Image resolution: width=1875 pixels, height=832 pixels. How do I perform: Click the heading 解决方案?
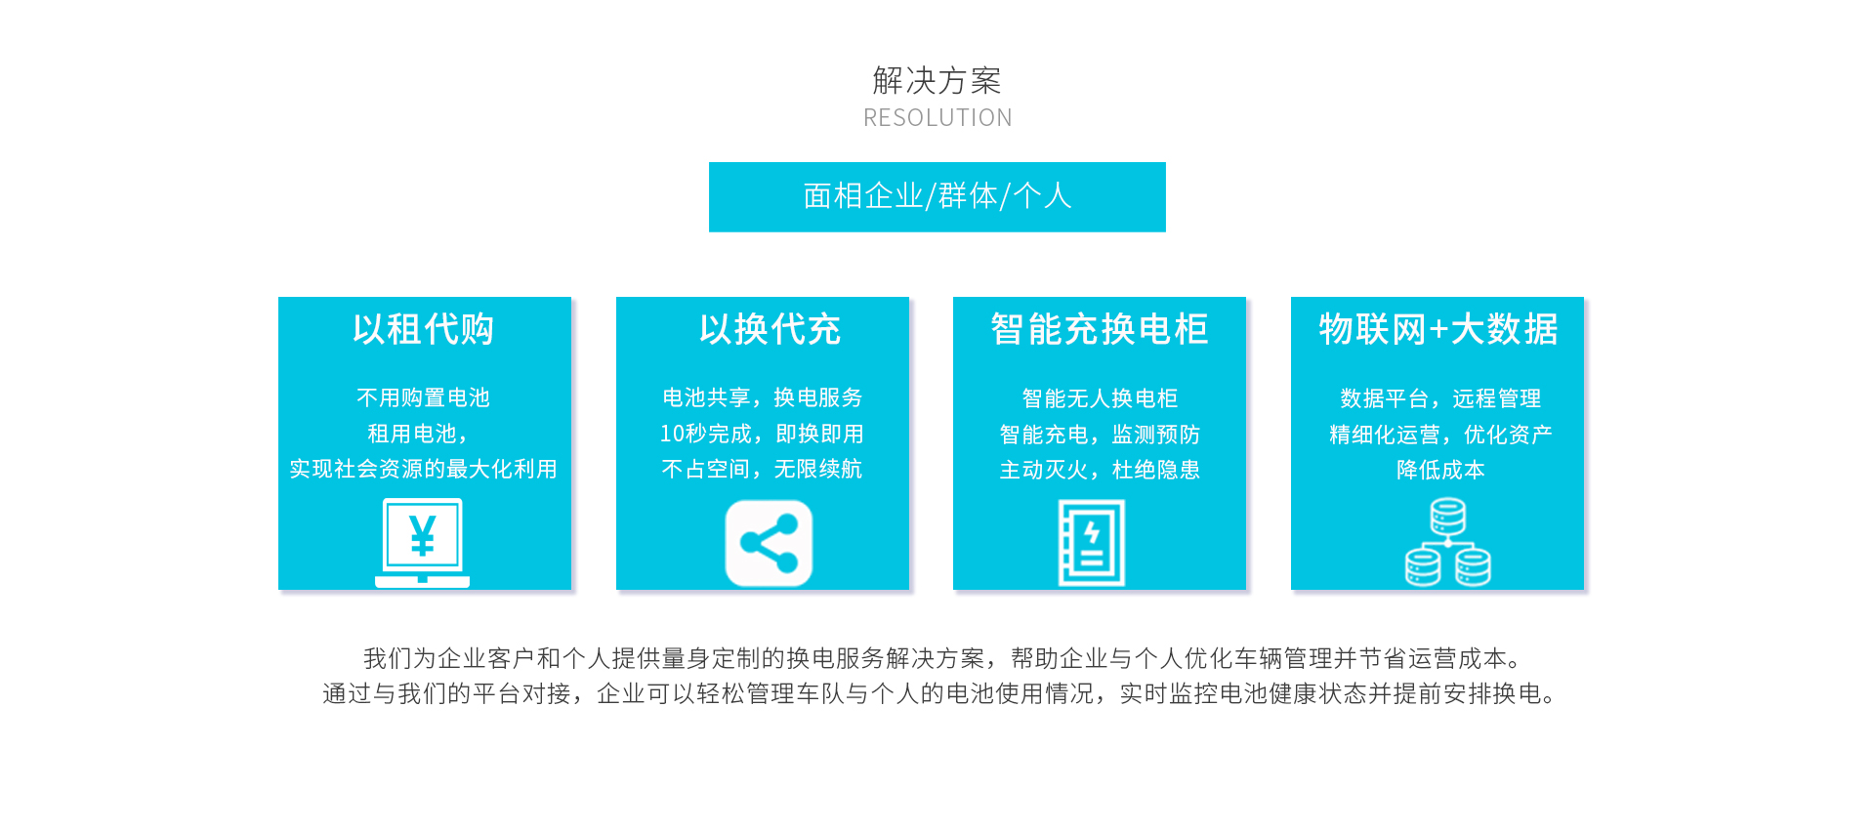(x=937, y=80)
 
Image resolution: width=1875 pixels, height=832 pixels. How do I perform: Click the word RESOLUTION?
(x=937, y=118)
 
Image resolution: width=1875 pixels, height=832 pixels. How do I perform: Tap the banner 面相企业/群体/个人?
(x=937, y=196)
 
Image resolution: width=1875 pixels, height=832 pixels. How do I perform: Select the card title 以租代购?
(x=424, y=329)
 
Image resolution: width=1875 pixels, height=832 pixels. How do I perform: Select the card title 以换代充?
(x=771, y=329)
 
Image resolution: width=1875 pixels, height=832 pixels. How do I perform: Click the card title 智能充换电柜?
(x=1100, y=329)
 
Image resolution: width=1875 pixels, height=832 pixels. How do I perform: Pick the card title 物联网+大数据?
(x=1438, y=329)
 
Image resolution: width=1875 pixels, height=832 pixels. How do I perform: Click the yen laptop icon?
(x=422, y=543)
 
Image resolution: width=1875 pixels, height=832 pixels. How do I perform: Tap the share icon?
(x=769, y=543)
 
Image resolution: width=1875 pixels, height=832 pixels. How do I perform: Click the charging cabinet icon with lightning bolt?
(x=1092, y=543)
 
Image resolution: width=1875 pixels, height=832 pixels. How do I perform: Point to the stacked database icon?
(x=1448, y=542)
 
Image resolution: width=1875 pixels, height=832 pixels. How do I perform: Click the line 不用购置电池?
(x=424, y=397)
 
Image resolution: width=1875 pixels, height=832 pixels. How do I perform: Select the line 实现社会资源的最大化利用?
(x=424, y=469)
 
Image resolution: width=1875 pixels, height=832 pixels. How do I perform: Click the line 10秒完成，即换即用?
(x=762, y=434)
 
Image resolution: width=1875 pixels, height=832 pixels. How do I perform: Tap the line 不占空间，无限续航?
(x=762, y=469)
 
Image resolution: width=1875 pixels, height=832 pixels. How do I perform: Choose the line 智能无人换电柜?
(x=1100, y=398)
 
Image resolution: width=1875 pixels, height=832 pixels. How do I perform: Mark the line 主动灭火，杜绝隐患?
(x=1100, y=470)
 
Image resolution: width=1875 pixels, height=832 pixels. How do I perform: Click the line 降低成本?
(x=1440, y=470)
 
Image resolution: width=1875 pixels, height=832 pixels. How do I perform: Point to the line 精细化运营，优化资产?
(x=1440, y=435)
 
